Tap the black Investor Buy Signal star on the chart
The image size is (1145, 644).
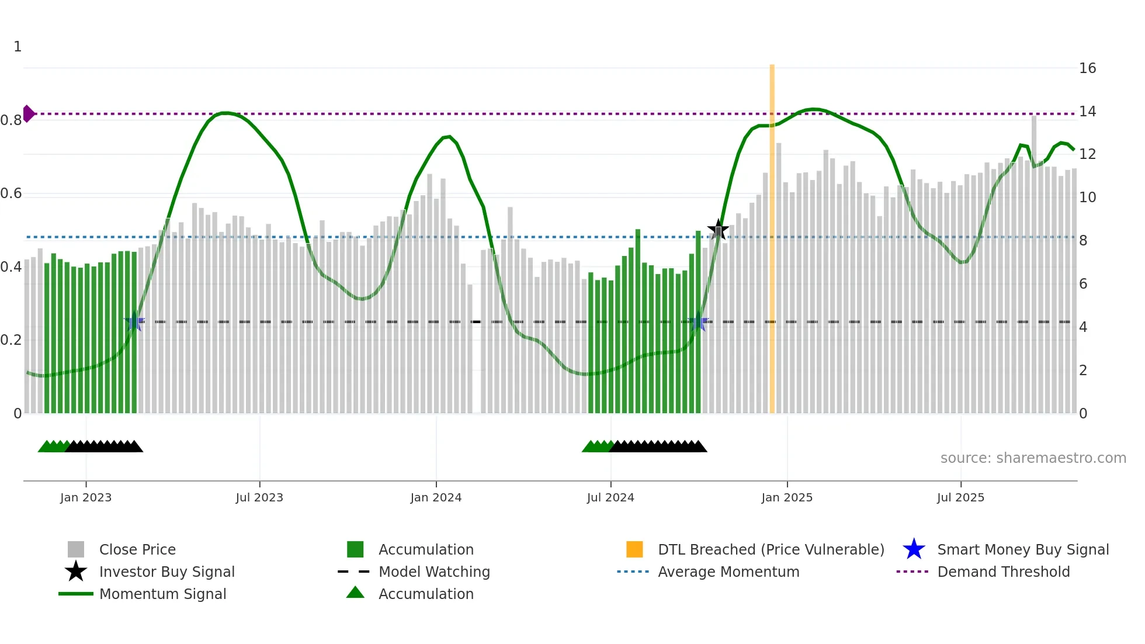coord(718,229)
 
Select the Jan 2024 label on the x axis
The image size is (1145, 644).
coord(436,497)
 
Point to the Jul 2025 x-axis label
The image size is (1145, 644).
coord(960,497)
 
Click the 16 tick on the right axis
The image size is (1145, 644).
coord(1087,68)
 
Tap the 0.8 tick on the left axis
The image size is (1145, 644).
coord(11,120)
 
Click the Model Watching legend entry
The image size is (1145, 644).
coord(433,572)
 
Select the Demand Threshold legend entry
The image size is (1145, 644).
coord(1003,572)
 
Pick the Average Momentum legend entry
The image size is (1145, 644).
coord(728,572)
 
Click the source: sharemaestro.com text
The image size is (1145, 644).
coord(1033,458)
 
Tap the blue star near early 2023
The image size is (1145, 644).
coord(134,321)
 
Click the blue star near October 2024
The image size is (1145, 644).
coord(699,322)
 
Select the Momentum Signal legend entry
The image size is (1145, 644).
coord(162,594)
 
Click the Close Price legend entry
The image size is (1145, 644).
coord(137,549)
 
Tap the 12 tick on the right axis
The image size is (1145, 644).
coord(1087,154)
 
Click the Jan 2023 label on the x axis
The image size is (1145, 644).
coord(86,497)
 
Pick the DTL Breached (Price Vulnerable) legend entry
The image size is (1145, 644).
coord(771,549)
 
